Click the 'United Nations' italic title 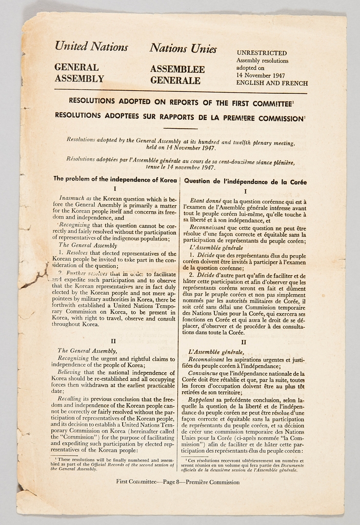click(91, 47)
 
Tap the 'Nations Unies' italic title click(183, 49)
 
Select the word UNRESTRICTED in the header click(262, 53)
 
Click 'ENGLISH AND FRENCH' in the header click(272, 83)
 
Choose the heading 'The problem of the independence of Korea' click(114, 179)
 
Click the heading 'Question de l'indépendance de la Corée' click(245, 181)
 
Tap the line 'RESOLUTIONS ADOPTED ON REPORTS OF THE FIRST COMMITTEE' click(181, 102)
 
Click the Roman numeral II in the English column click(113, 341)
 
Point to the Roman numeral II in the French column click(244, 342)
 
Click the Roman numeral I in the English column click(114, 189)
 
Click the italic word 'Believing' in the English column click(69, 372)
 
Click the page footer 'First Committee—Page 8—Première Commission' click(177, 482)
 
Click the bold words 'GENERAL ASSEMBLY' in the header click(79, 73)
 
